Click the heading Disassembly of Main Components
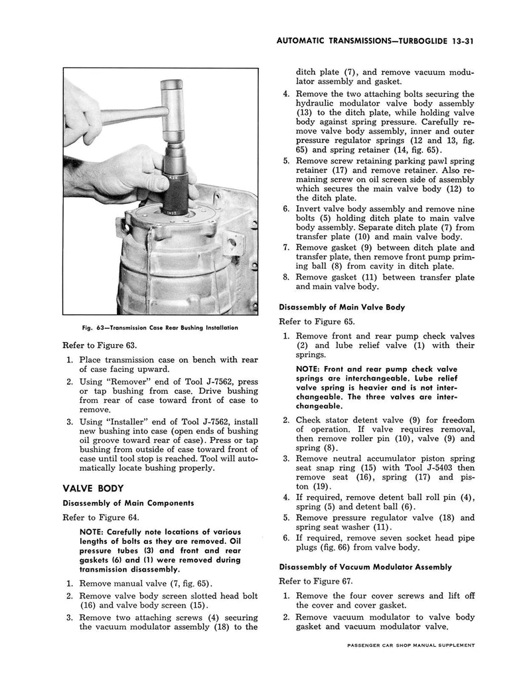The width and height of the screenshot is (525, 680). click(x=128, y=503)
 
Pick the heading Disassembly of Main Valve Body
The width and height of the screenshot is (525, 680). click(x=342, y=307)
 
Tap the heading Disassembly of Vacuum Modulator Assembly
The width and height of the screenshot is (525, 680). click(x=365, y=566)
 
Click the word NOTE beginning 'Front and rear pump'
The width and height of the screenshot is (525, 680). click(x=310, y=369)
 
